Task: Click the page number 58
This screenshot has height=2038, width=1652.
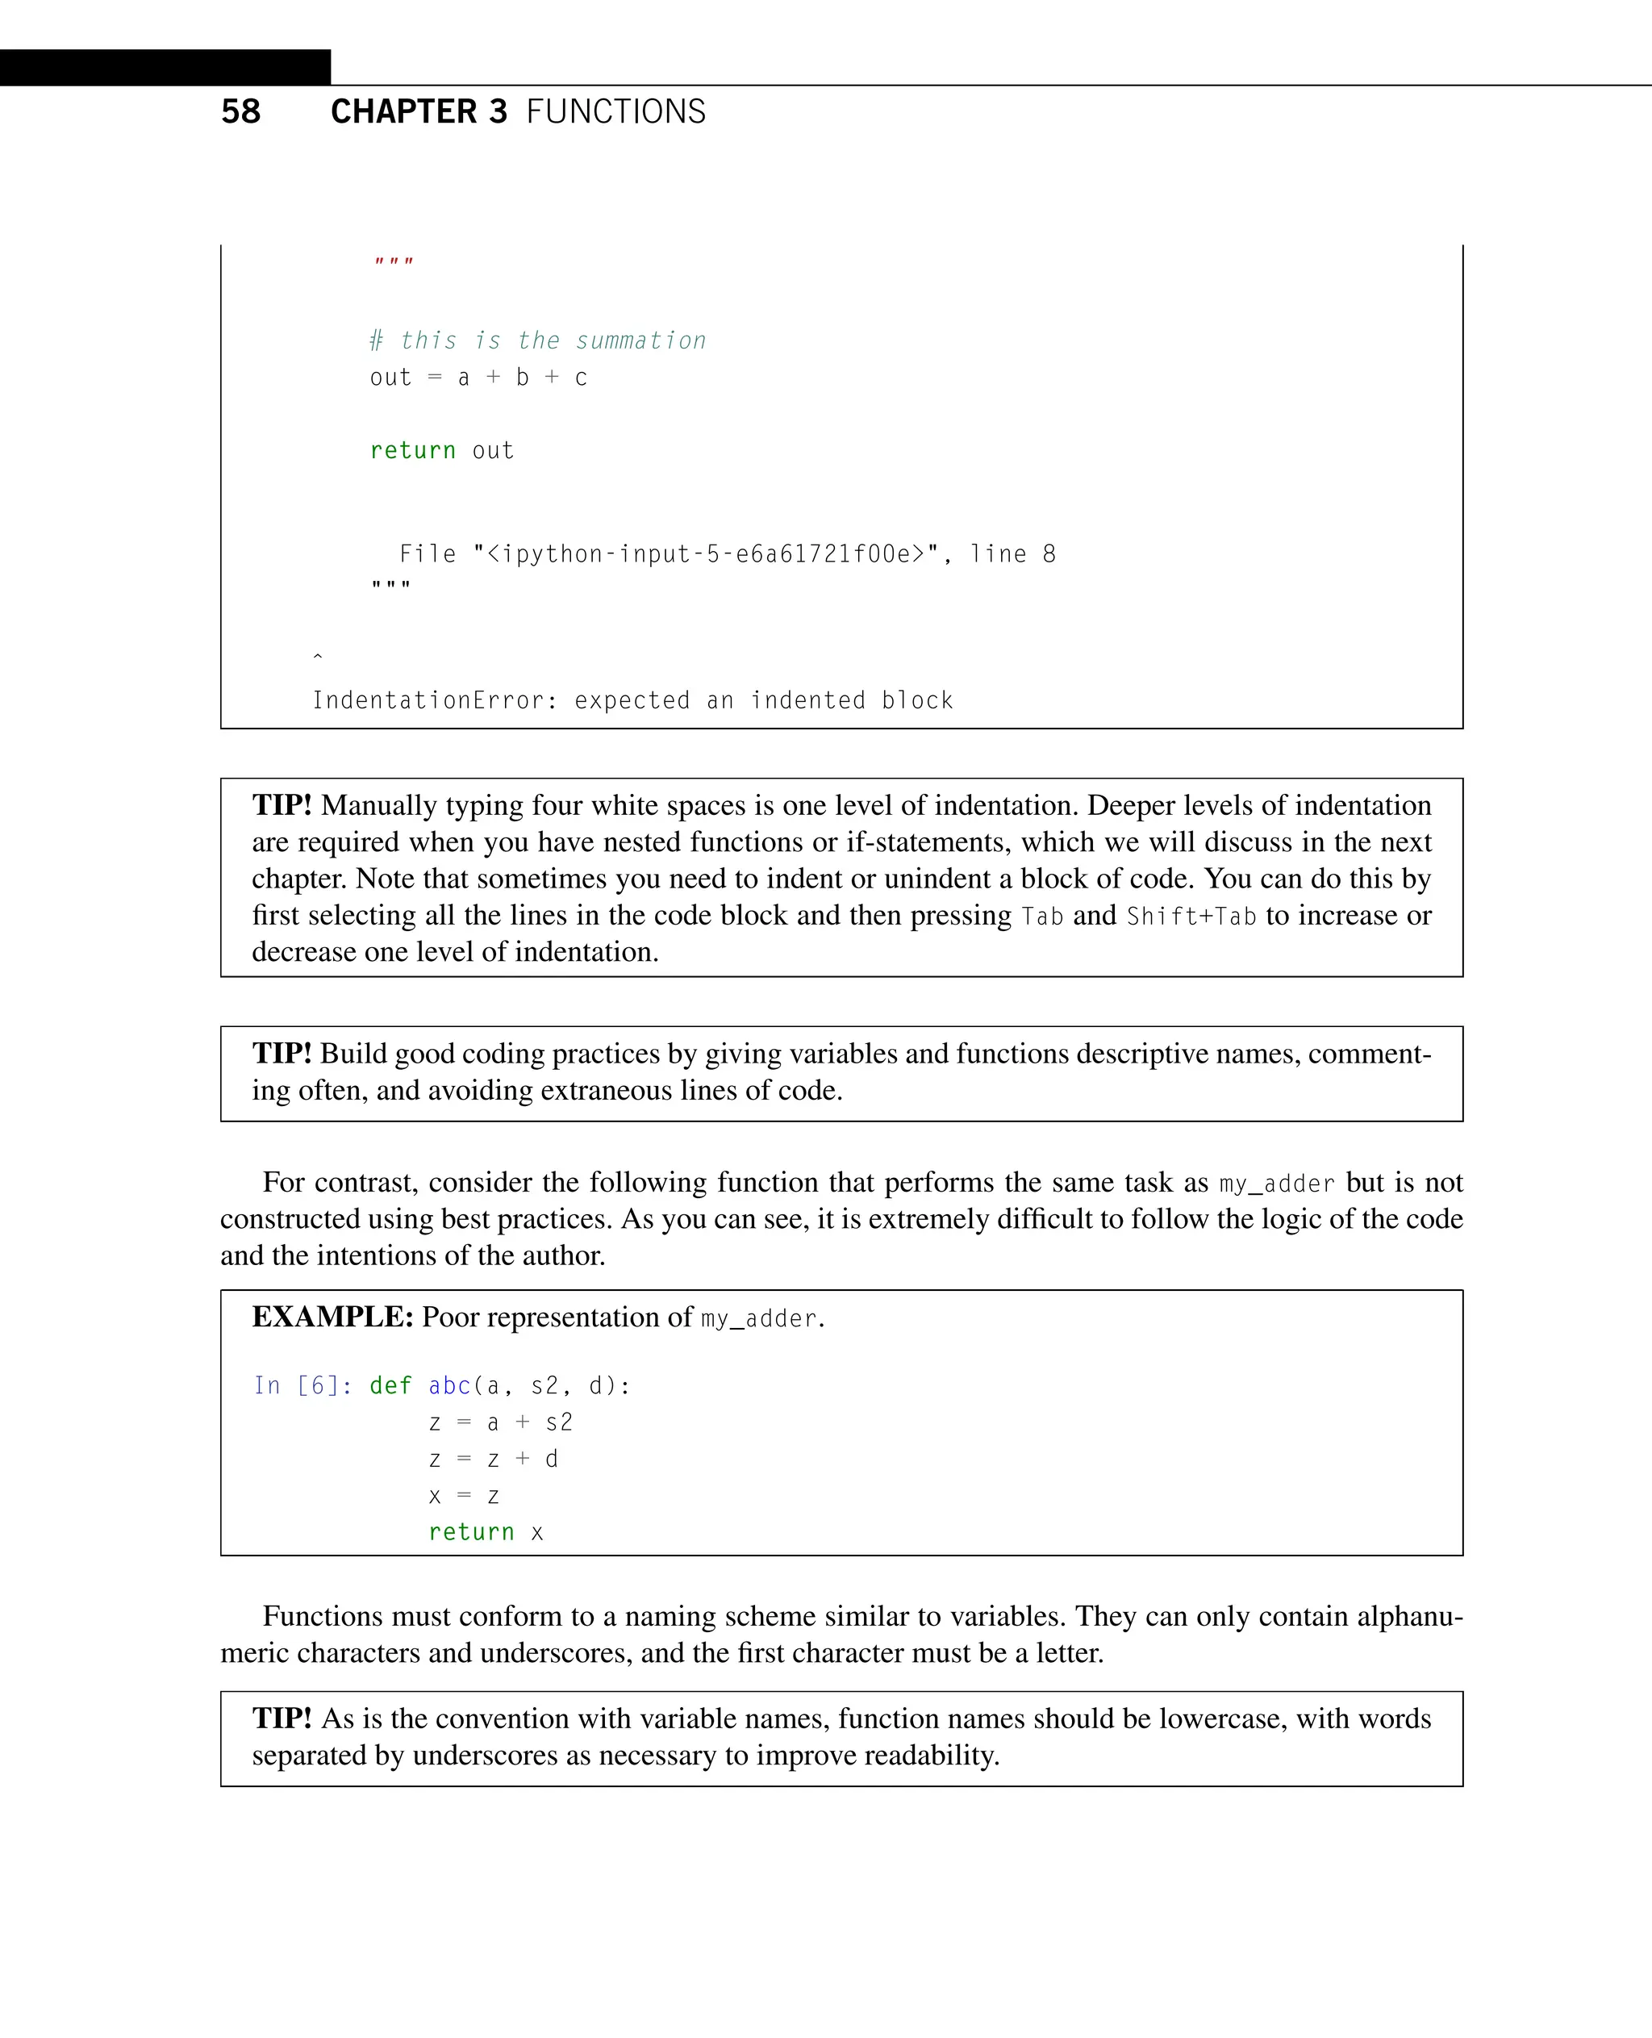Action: click(x=240, y=111)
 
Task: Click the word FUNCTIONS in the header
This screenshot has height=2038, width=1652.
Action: click(x=615, y=111)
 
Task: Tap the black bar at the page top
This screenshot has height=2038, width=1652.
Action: click(x=165, y=68)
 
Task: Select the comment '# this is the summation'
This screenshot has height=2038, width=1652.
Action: click(x=538, y=340)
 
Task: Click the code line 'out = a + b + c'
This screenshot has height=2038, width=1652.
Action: click(x=478, y=378)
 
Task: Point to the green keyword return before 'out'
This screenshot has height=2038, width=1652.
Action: click(x=412, y=450)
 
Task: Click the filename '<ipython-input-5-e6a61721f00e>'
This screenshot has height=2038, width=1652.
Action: click(x=705, y=554)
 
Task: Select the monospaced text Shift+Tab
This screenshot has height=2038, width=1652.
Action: click(x=1191, y=916)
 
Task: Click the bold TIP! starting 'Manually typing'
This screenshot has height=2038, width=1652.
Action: click(x=282, y=805)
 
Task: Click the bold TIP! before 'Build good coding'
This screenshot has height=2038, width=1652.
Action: click(x=282, y=1054)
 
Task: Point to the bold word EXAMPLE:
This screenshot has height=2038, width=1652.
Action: click(x=332, y=1317)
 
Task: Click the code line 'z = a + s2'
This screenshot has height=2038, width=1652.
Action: click(x=501, y=1423)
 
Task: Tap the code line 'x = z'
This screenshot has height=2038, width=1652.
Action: click(x=464, y=1497)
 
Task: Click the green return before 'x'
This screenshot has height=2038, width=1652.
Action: click(x=471, y=1533)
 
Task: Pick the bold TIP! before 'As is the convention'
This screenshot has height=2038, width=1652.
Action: click(x=282, y=1719)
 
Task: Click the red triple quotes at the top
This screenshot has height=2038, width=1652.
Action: click(x=393, y=261)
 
